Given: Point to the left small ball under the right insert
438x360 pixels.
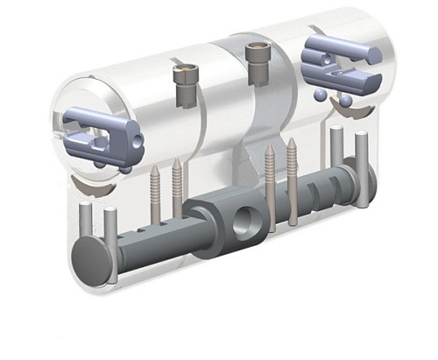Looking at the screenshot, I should (322, 94).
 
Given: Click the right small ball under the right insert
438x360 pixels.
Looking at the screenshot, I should (346, 102).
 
